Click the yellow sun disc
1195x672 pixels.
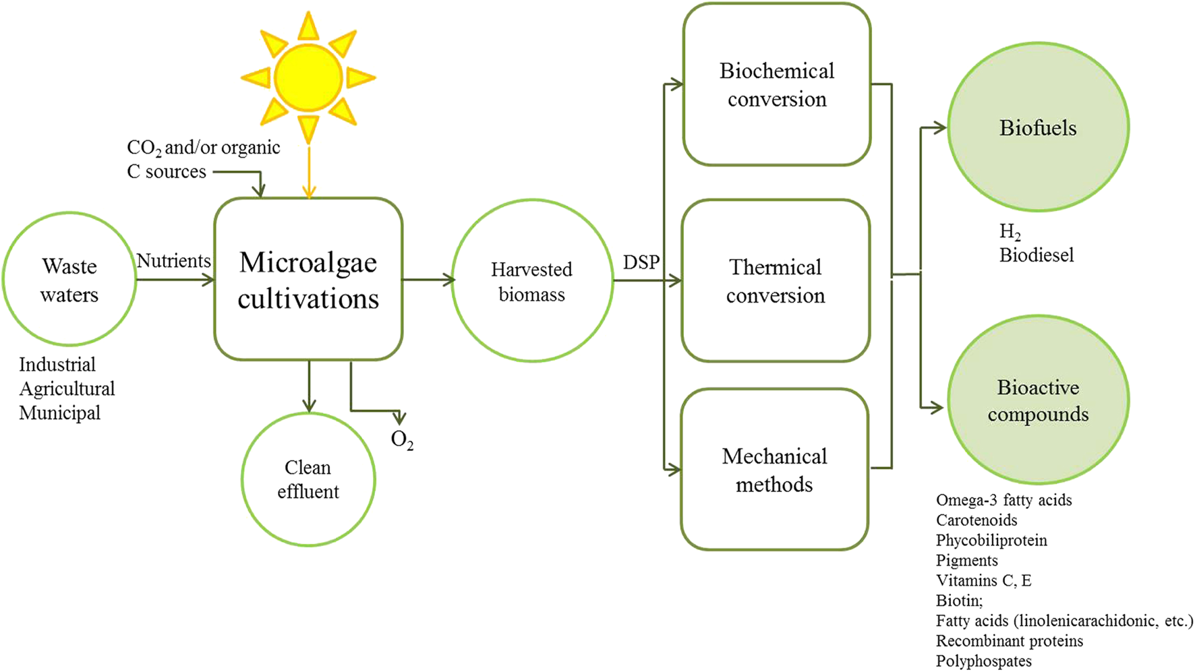[x=308, y=77]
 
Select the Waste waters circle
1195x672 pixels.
[x=69, y=279]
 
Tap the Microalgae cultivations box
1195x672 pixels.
[x=308, y=279]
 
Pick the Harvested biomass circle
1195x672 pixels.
[x=532, y=280]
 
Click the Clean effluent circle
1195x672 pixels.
[x=308, y=479]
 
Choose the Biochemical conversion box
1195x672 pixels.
[x=777, y=84]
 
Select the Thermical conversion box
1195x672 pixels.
[x=776, y=280]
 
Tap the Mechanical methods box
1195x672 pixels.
[x=774, y=470]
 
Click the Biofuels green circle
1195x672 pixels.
[x=1038, y=127]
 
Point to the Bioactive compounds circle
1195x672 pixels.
[x=1038, y=400]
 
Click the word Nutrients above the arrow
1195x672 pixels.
[x=173, y=261]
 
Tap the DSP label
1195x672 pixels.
[x=641, y=262]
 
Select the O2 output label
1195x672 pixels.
[x=402, y=440]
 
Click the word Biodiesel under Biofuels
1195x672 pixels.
[x=1037, y=255]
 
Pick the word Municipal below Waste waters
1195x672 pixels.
[x=59, y=413]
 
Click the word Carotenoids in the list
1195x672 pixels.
[x=977, y=520]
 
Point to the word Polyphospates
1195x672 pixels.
[x=983, y=661]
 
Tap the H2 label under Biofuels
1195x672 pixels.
[x=1010, y=233]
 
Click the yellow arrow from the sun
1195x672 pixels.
[x=309, y=172]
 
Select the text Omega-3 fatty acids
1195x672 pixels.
[x=1003, y=500]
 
